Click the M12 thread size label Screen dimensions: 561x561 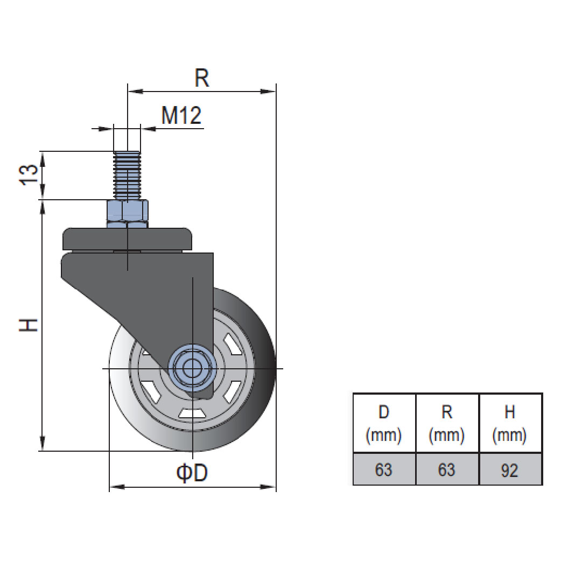coord(181,116)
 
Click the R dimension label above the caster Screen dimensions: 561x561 coord(201,79)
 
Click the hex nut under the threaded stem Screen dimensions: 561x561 coord(128,214)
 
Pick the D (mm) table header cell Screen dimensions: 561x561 coord(384,423)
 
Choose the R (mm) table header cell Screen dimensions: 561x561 coord(447,423)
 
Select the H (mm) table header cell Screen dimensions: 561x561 coord(510,423)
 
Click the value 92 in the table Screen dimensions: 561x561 coord(509,470)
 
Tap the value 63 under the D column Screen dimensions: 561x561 coord(384,470)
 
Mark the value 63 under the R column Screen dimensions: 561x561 coord(447,470)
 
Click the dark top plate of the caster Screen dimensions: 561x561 coord(128,238)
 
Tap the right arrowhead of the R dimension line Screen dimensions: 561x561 coord(269,92)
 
